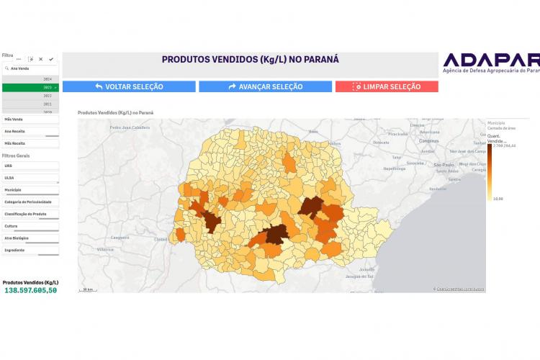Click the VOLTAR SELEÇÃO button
[x=129, y=86]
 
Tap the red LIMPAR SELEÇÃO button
[x=386, y=86]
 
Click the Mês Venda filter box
[x=30, y=120]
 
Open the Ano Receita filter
[x=30, y=132]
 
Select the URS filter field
[x=30, y=166]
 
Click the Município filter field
[x=30, y=190]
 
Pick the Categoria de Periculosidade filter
[x=30, y=202]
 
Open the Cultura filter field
[x=30, y=226]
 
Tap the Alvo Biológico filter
[x=30, y=238]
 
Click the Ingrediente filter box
[x=30, y=250]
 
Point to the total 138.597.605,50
[x=31, y=289]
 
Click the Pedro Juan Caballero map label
[x=130, y=127]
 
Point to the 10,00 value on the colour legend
[x=498, y=198]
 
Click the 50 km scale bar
[x=88, y=289]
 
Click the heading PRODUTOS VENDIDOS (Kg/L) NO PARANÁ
[x=250, y=60]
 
